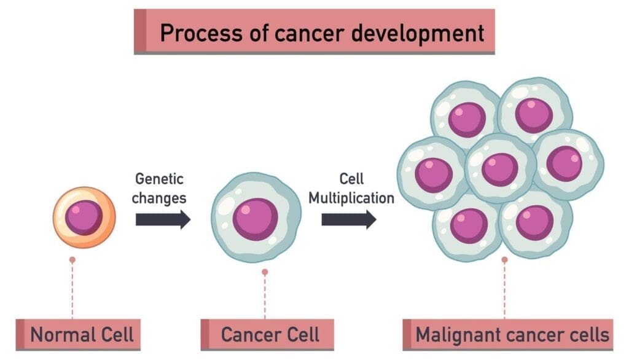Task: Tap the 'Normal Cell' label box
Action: (82, 335)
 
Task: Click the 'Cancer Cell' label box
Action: (270, 335)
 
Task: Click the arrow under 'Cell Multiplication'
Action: (348, 219)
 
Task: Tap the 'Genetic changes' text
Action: (160, 189)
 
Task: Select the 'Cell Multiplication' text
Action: (351, 189)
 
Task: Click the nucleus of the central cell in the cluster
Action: (499, 169)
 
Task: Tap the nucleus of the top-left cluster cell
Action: (467, 119)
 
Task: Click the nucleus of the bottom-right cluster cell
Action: (534, 222)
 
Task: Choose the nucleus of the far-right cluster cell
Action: (564, 163)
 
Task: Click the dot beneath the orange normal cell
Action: (72, 260)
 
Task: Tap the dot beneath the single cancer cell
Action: (265, 272)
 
